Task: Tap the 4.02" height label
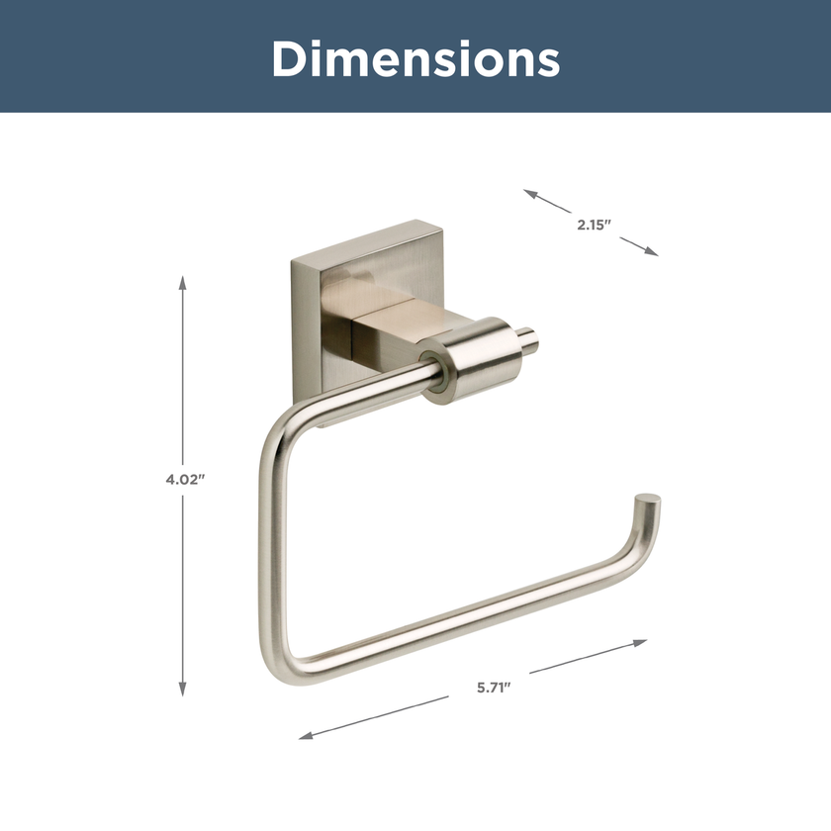pos(184,479)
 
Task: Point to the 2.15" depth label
pos(595,224)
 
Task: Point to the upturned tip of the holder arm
pos(649,504)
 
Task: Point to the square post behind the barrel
pos(391,331)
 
